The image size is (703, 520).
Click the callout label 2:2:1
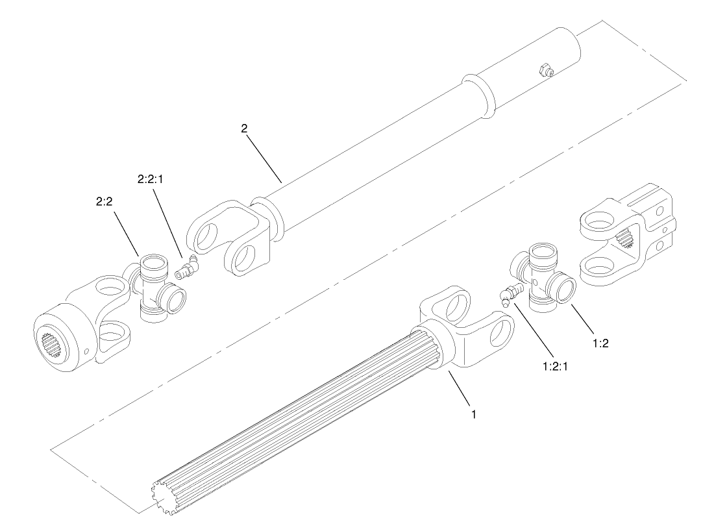[x=150, y=179]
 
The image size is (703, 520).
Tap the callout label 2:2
[x=105, y=202]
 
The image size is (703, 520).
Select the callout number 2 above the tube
[x=244, y=129]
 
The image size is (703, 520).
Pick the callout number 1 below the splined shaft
[x=474, y=414]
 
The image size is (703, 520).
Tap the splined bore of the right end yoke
[x=628, y=242]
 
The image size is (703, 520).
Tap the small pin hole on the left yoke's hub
[x=87, y=351]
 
